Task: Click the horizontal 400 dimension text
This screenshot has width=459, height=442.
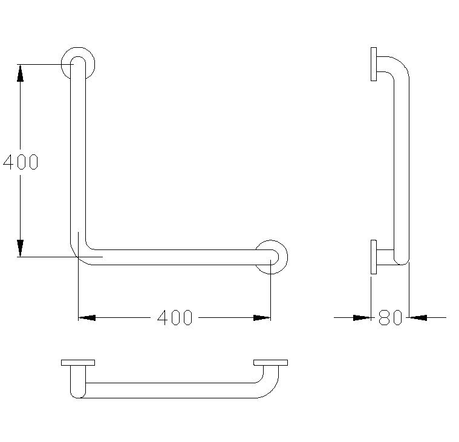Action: [x=175, y=317]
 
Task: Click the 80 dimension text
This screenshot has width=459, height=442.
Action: [x=390, y=317]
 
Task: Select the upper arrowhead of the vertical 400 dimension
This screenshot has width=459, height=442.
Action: [x=21, y=73]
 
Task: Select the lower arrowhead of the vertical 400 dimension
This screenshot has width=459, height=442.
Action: [x=21, y=248]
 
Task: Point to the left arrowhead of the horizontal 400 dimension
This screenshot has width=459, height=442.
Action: [x=87, y=317]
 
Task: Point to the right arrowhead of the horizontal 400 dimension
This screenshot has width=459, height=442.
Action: [x=262, y=317]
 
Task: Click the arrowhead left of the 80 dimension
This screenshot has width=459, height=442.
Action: [x=362, y=316]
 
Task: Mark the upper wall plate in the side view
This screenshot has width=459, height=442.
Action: [x=374, y=64]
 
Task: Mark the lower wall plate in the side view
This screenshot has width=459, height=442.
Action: [x=374, y=257]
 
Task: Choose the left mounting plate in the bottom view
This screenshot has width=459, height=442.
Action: [x=78, y=363]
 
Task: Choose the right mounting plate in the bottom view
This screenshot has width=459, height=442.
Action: [x=271, y=363]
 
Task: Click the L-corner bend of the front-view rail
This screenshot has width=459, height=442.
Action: [x=82, y=253]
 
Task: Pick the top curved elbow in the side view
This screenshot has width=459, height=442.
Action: [x=400, y=67]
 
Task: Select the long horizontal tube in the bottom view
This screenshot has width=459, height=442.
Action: [x=169, y=390]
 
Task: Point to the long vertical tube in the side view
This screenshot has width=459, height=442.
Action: [x=402, y=163]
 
